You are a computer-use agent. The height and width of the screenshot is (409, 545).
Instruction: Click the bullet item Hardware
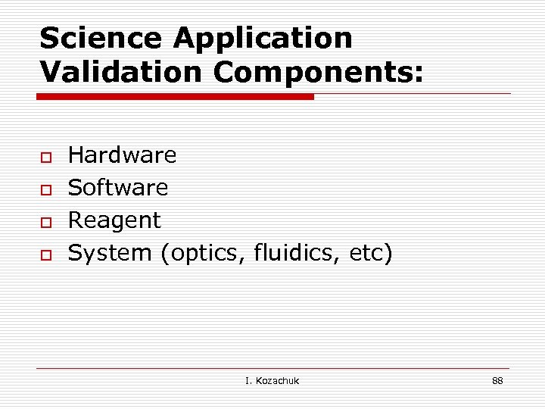(x=122, y=155)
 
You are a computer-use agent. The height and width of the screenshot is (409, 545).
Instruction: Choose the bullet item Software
(x=118, y=187)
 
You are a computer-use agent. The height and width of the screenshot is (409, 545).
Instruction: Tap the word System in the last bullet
(x=110, y=254)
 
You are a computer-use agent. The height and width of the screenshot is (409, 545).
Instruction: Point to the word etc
(x=367, y=253)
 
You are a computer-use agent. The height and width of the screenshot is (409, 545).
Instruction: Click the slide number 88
(x=497, y=380)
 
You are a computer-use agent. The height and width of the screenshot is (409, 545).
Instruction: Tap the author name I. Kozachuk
(x=272, y=380)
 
